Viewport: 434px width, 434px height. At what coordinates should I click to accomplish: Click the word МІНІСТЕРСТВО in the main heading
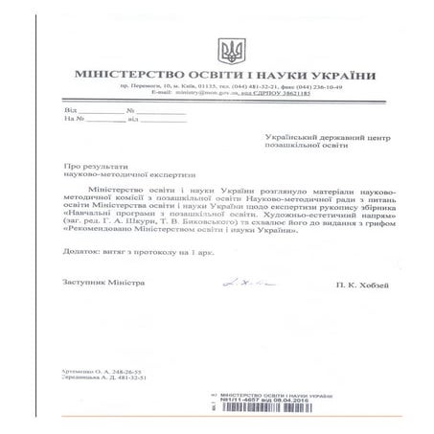129,76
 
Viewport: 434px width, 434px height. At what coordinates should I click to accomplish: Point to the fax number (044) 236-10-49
322,89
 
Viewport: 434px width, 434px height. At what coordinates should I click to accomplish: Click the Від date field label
69,112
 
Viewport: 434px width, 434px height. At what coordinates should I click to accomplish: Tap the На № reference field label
72,121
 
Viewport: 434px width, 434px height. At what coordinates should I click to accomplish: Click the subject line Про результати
89,168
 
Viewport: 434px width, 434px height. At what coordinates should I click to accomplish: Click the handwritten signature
240,283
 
